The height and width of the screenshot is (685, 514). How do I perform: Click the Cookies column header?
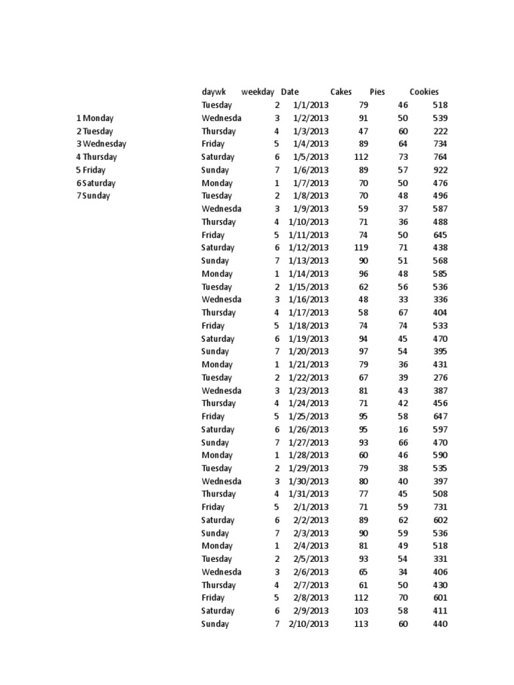pyautogui.click(x=424, y=92)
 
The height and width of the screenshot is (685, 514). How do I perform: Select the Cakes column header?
pyautogui.click(x=341, y=92)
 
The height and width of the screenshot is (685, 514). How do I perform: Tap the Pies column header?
pyautogui.click(x=377, y=92)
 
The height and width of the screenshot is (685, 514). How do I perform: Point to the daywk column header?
pyautogui.click(x=214, y=92)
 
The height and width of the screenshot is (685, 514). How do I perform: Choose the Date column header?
pyautogui.click(x=290, y=92)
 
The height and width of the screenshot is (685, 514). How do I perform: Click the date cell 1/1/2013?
pyautogui.click(x=311, y=105)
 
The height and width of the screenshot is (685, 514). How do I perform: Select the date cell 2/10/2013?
pyautogui.click(x=309, y=624)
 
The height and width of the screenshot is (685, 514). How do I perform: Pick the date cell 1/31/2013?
pyautogui.click(x=309, y=494)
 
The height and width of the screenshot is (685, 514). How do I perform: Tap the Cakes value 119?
pyautogui.click(x=359, y=248)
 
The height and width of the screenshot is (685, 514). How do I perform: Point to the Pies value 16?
pyautogui.click(x=403, y=429)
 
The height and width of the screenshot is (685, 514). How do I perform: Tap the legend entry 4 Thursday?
pyautogui.click(x=96, y=157)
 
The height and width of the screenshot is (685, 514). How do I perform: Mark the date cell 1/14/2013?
pyautogui.click(x=309, y=274)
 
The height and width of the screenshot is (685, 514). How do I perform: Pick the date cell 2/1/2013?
pyautogui.click(x=311, y=507)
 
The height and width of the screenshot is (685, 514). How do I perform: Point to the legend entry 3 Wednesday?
pyautogui.click(x=101, y=144)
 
